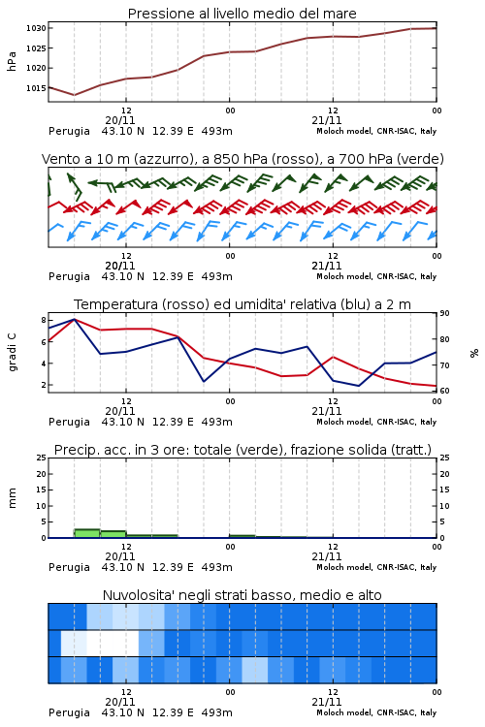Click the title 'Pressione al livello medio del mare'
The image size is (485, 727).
[x=242, y=14]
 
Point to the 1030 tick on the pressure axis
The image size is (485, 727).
[x=36, y=28]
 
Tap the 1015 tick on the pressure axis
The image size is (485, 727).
[x=36, y=88]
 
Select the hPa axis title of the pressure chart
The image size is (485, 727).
[x=12, y=61]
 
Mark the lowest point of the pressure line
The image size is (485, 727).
[x=75, y=95]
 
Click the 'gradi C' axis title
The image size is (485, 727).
[x=12, y=353]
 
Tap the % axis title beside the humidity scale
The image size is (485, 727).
[x=474, y=353]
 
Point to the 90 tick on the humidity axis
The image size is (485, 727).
[x=444, y=313]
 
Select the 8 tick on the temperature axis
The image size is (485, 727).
[x=44, y=320]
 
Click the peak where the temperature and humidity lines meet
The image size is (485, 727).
[x=75, y=319]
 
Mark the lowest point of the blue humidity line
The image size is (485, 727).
[x=358, y=386]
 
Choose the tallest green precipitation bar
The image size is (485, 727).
[x=87, y=533]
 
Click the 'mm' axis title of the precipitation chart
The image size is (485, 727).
[x=12, y=498]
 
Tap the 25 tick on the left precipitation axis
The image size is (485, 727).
[x=42, y=458]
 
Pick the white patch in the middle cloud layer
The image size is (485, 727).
[x=113, y=643]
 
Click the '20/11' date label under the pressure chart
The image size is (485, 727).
[x=120, y=120]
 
